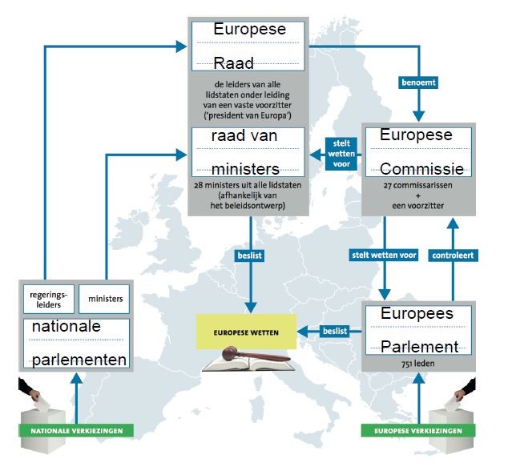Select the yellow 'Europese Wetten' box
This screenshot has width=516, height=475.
[x=245, y=330]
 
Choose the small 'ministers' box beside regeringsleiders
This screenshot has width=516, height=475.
[x=104, y=299]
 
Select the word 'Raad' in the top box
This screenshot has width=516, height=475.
[x=234, y=63]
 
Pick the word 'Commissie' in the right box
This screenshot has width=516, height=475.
[x=421, y=169]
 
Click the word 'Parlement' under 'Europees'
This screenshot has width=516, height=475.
[x=419, y=347]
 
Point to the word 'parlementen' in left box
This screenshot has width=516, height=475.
[x=79, y=359]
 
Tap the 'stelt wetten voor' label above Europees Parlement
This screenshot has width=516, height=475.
[x=384, y=256]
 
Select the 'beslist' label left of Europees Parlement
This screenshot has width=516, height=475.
[x=334, y=330]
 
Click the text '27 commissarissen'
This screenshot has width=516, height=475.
[x=414, y=185]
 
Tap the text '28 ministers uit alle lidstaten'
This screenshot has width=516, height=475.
[x=246, y=186]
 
